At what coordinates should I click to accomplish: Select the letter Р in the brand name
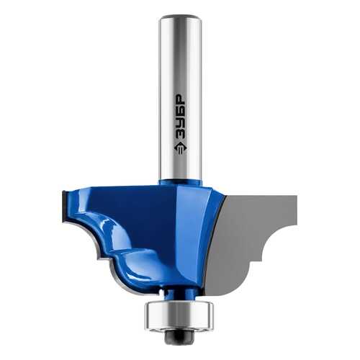(x=180, y=97)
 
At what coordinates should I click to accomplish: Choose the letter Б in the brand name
(x=180, y=109)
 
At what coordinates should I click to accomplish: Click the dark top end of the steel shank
(x=180, y=17)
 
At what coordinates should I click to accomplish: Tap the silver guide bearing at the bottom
(x=179, y=315)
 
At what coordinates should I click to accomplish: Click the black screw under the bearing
(x=179, y=336)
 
